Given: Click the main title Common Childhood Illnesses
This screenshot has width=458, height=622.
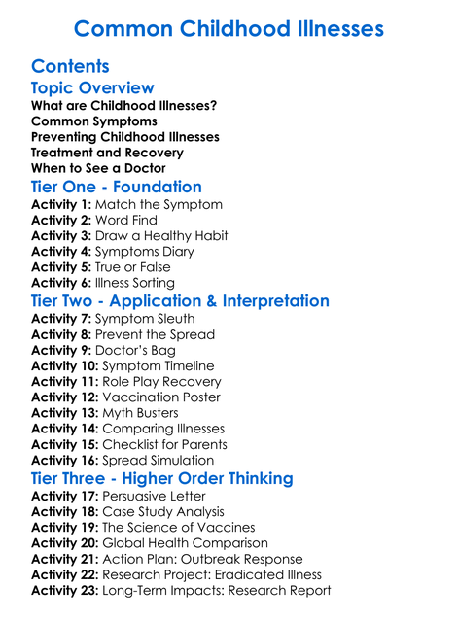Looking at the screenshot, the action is pyautogui.click(x=229, y=28).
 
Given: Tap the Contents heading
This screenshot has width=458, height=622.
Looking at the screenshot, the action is pyautogui.click(x=70, y=67).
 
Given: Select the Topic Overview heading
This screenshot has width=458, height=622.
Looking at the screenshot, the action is pyautogui.click(x=92, y=89).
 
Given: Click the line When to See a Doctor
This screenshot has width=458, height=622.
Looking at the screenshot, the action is pyautogui.click(x=98, y=168).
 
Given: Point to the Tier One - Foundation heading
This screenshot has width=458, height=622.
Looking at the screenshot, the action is pyautogui.click(x=117, y=187).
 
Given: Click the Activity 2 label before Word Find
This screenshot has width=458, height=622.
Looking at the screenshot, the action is pyautogui.click(x=64, y=221).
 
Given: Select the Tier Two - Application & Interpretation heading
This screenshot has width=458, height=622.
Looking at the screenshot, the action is pyautogui.click(x=180, y=301).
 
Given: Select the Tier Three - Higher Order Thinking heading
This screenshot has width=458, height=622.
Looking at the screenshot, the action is pyautogui.click(x=162, y=478).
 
